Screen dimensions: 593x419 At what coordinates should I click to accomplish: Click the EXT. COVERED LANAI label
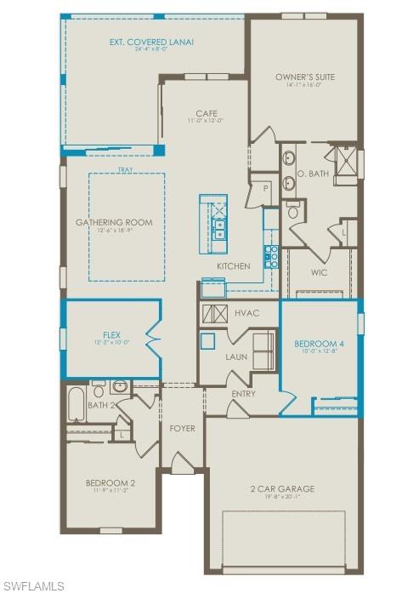point(145,41)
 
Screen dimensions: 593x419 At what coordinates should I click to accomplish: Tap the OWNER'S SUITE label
point(305,77)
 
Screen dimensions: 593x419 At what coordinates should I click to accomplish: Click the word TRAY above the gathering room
point(126,168)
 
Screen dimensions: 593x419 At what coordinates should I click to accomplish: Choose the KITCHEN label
point(233,266)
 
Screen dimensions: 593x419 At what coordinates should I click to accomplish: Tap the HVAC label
point(246,313)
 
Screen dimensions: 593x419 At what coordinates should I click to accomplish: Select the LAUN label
point(236,356)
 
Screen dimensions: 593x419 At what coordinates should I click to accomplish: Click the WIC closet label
point(320,273)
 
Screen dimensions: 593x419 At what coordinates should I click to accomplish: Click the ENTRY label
point(243,393)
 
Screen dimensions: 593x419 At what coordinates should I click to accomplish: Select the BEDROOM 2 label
point(110,483)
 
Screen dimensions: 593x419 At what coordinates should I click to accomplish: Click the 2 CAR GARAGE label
point(282,488)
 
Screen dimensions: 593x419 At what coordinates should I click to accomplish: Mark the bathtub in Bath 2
point(76,407)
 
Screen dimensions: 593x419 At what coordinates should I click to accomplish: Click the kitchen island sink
point(218,228)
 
